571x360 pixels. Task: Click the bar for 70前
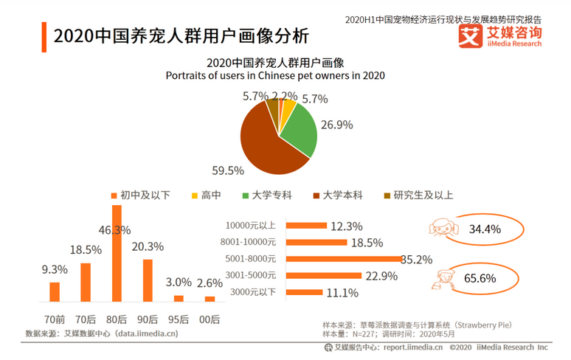tap(54, 292)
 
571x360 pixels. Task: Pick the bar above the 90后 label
tap(148, 280)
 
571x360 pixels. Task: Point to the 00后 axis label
tap(210, 320)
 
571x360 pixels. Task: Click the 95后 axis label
tap(179, 320)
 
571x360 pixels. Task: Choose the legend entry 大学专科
tap(266, 195)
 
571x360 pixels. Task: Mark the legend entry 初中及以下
tap(140, 195)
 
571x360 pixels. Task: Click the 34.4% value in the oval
tap(485, 229)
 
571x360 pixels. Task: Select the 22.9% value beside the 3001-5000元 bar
tap(381, 276)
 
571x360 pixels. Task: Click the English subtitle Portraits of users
tap(275, 75)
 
